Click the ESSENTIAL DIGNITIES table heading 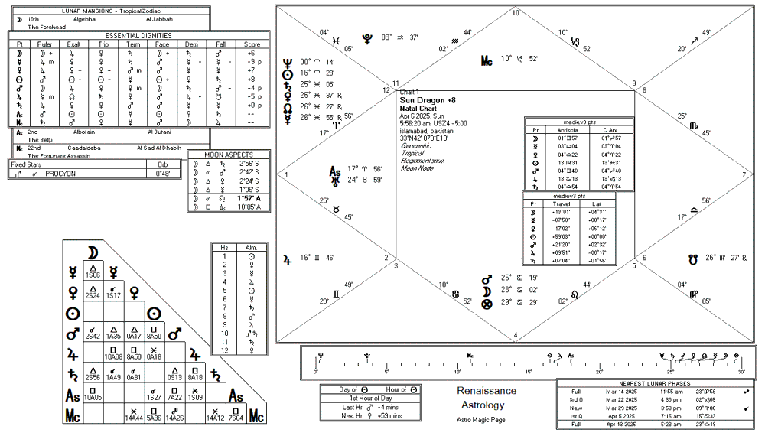click(138, 35)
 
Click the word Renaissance click(487, 391)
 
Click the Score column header click(252, 45)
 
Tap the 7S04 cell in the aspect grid click(236, 418)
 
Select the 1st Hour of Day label click(371, 399)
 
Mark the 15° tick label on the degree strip click(529, 372)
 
